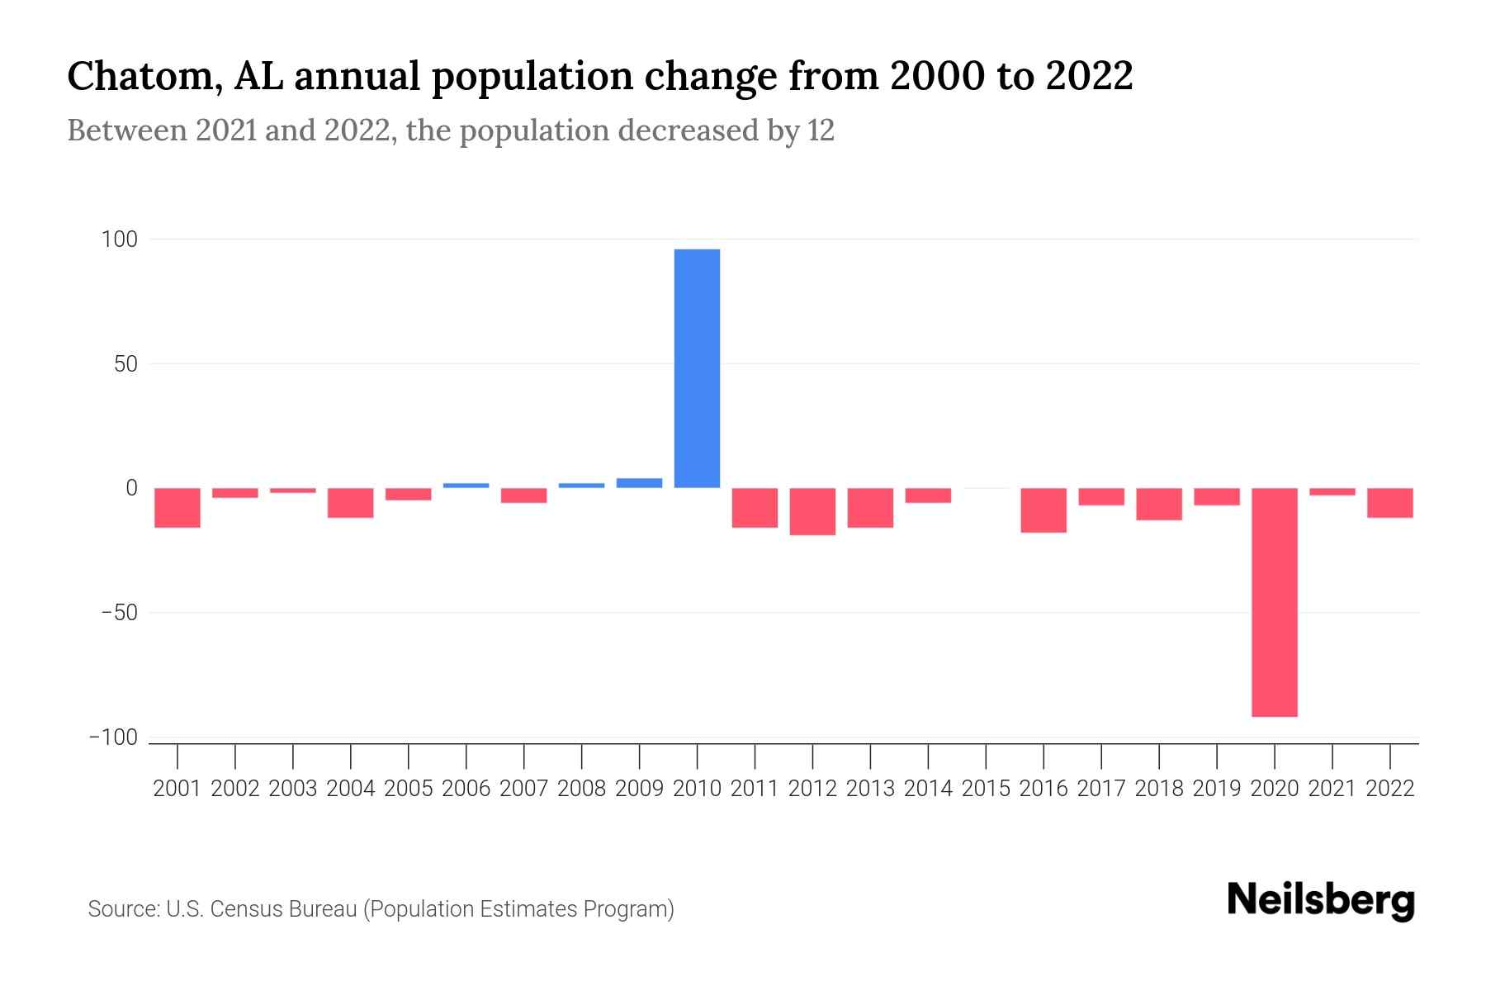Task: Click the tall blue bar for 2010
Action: coord(697,368)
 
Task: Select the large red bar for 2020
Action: coord(1274,602)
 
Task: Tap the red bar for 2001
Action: coord(177,508)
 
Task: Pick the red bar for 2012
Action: coord(812,511)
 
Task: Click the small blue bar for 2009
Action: coord(639,483)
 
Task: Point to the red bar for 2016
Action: coord(1044,510)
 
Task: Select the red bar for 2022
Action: coord(1389,503)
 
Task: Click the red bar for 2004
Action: coord(351,503)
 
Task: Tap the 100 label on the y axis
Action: coord(119,240)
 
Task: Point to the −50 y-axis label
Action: coord(119,614)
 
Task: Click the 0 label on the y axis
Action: coord(130,489)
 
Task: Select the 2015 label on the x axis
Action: coord(986,789)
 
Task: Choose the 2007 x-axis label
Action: coord(523,789)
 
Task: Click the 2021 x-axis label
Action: coord(1332,789)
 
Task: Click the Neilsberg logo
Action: coord(1321,901)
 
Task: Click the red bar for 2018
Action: coord(1159,505)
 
